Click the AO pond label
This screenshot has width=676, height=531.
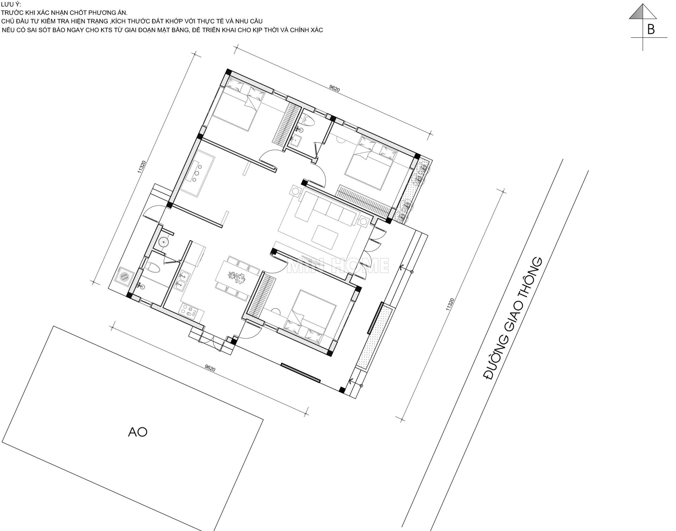point(137,432)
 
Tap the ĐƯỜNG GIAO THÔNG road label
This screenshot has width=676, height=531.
point(512,319)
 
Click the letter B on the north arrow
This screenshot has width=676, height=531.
point(651,29)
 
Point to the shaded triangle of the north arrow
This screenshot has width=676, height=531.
point(638,13)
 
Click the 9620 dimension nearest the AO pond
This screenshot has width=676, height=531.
point(210,368)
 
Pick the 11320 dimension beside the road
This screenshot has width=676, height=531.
point(450,304)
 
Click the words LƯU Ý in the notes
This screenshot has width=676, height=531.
point(11,4)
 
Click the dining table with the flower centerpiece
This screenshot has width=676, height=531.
point(237,277)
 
